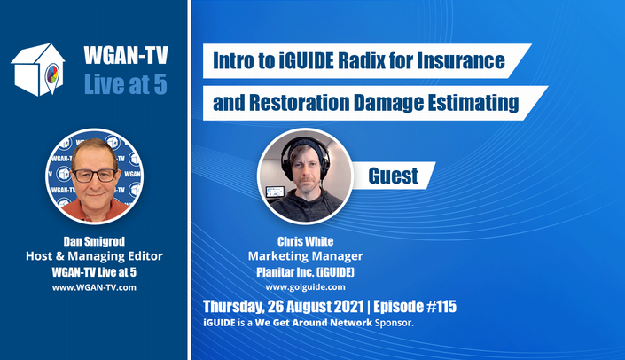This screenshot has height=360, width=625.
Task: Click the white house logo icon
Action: coord(38,69)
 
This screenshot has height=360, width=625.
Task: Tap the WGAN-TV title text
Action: coord(126,55)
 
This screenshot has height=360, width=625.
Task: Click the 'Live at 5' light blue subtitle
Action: coord(126,84)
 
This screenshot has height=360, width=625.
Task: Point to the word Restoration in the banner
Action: coord(299,103)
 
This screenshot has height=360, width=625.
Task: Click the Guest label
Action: coord(393,176)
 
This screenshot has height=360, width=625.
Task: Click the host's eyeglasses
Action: coord(95,176)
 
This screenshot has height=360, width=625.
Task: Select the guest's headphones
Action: coord(305,155)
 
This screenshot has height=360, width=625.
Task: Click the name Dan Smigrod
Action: coord(94,241)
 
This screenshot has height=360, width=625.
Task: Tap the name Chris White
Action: coord(305,241)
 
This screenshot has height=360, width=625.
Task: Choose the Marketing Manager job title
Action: coord(305,256)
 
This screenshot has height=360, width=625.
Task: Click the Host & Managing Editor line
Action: coord(94,256)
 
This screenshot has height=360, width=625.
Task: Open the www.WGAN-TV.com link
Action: coord(94,287)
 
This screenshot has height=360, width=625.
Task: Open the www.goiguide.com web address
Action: coord(305,287)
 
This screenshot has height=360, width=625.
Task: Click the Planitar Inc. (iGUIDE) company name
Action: coord(305,272)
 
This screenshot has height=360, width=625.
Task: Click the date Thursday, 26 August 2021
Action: coord(284,307)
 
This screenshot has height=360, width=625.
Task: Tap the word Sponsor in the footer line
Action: coord(394,323)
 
